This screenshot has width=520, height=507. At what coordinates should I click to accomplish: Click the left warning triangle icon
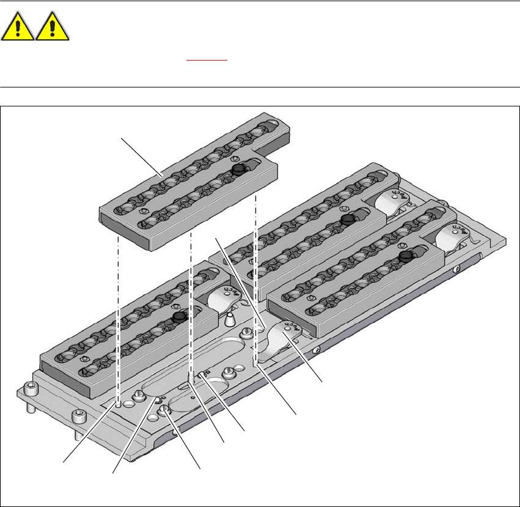18,28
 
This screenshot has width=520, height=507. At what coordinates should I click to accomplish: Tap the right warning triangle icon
53,28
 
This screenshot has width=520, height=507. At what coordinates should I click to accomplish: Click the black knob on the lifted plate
238,169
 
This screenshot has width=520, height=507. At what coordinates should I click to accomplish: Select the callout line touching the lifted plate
141,158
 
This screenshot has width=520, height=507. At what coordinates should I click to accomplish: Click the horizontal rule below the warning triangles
260,87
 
